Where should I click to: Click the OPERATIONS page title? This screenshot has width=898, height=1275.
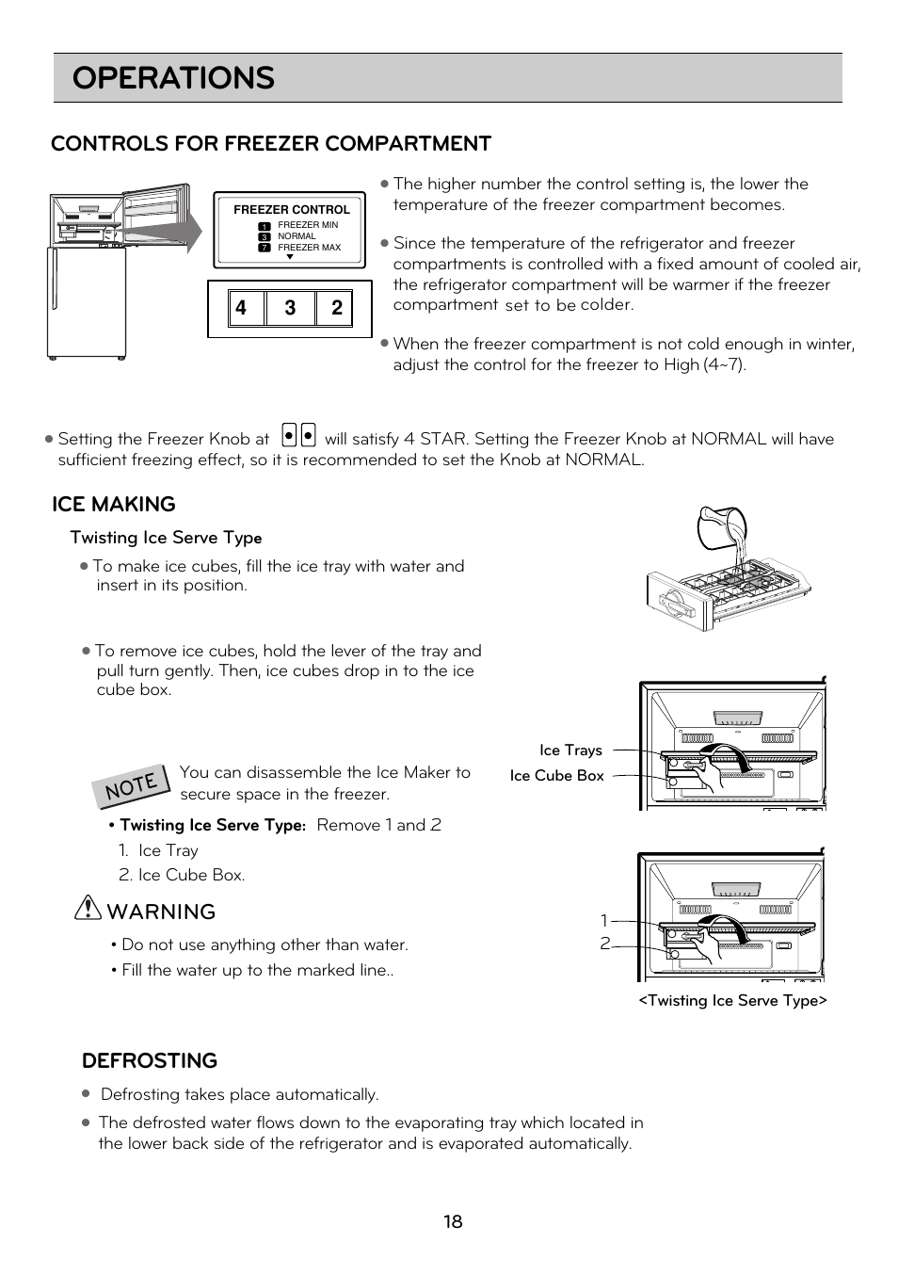173,78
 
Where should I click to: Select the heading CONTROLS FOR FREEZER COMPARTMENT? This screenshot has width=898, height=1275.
271,143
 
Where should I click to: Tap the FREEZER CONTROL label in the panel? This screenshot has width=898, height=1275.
291,210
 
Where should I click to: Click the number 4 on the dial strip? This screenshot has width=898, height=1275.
242,308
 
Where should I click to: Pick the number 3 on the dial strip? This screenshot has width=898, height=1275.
290,308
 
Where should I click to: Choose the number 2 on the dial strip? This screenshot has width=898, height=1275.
336,308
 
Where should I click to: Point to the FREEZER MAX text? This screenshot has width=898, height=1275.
309,248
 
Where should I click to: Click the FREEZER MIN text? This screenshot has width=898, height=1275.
307,225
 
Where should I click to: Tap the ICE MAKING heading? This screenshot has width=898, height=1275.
113,505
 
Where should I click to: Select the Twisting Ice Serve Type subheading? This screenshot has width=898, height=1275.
166,538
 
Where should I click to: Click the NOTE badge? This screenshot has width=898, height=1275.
131,784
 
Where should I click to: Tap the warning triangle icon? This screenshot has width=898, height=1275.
87,908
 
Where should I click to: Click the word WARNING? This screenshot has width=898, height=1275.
161,912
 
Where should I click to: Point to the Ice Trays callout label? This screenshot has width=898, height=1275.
570,750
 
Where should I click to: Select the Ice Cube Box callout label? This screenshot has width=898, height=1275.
556,776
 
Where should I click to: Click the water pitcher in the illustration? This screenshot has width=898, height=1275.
722,529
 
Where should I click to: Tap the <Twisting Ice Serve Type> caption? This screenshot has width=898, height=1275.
732,1001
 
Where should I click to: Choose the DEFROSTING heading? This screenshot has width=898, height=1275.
150,1061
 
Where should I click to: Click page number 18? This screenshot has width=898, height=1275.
453,1222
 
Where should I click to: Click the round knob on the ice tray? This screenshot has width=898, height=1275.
676,600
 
